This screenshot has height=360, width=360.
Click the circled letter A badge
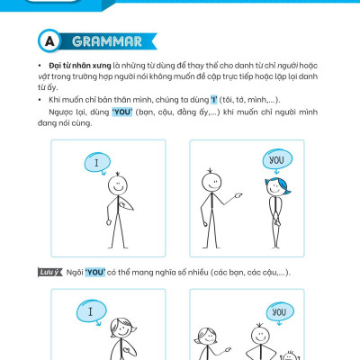[x=49, y=41]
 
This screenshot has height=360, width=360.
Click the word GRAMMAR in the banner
[x=107, y=41]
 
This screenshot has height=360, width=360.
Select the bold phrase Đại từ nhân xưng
[x=80, y=66]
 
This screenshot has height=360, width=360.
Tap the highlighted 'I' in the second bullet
[x=213, y=100]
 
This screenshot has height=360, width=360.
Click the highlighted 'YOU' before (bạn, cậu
[x=122, y=112]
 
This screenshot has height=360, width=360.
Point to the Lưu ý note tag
[x=49, y=272]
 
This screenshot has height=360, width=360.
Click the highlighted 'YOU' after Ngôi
[x=95, y=273]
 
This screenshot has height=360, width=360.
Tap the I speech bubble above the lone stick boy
[x=97, y=163]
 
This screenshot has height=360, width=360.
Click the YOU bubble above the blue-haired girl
[x=277, y=160]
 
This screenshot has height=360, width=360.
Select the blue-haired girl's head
[x=277, y=187]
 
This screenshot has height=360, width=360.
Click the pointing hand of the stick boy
[x=238, y=195]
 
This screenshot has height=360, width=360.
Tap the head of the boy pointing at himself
[x=118, y=185]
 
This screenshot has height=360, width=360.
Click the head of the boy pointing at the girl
[x=211, y=182]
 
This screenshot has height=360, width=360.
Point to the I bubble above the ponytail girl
[x=91, y=312]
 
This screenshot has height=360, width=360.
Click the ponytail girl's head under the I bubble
[x=122, y=328]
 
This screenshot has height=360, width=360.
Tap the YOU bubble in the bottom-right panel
[x=280, y=312]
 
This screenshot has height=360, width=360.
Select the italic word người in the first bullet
[x=287, y=66]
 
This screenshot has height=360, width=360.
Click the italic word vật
[x=44, y=76]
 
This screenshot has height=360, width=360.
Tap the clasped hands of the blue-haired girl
[x=277, y=222]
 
